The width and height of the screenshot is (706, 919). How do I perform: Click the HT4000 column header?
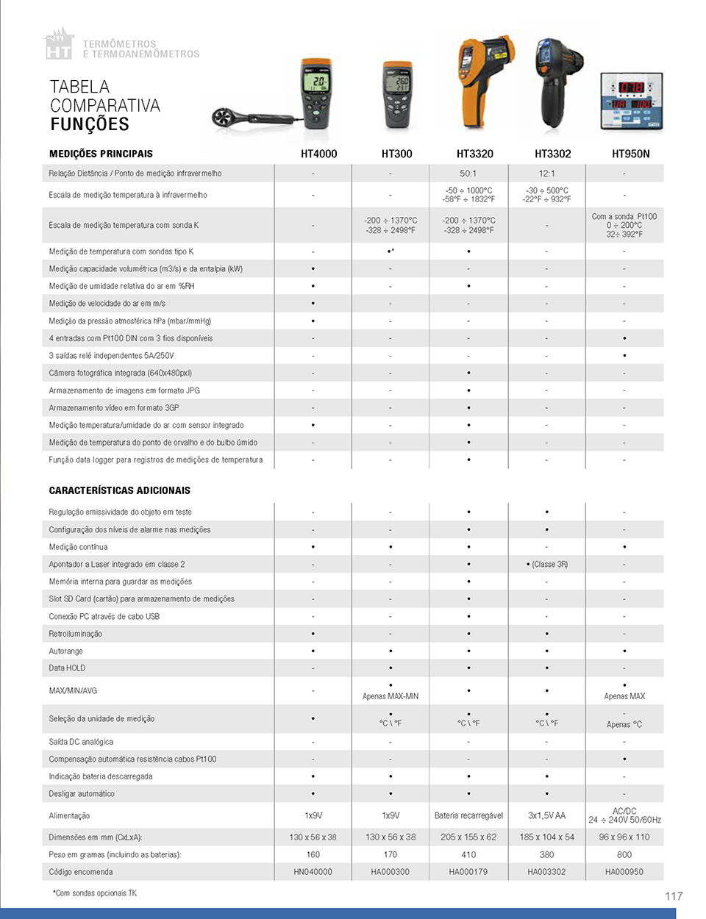coord(318,154)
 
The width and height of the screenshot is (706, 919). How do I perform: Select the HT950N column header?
coord(630,154)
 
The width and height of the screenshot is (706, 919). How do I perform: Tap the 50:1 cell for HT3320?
coord(468,174)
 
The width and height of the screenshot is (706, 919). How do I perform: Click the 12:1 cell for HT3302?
coord(546,174)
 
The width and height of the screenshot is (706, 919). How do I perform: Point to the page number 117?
coord(674,895)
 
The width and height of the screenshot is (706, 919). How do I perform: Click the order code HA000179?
coord(468,872)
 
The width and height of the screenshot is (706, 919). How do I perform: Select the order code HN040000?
coord(313,872)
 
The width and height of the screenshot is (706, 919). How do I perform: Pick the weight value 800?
coord(624,854)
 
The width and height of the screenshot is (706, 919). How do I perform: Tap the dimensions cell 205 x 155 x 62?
coord(468,837)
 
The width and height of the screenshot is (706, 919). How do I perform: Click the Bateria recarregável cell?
coord(468,815)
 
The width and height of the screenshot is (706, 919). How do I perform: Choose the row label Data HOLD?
coord(67,668)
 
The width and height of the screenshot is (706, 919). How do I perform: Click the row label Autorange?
coord(65,651)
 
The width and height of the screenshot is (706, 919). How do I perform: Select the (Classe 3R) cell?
coord(547,564)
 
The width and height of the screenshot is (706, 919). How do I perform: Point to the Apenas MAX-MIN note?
coord(391,696)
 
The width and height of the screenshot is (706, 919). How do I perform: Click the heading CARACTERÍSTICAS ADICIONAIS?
coord(119,490)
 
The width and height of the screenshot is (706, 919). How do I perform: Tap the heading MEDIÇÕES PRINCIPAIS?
coord(101,154)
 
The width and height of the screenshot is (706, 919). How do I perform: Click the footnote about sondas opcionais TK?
coord(95,893)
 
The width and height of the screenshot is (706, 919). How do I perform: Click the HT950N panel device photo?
coord(631,101)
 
